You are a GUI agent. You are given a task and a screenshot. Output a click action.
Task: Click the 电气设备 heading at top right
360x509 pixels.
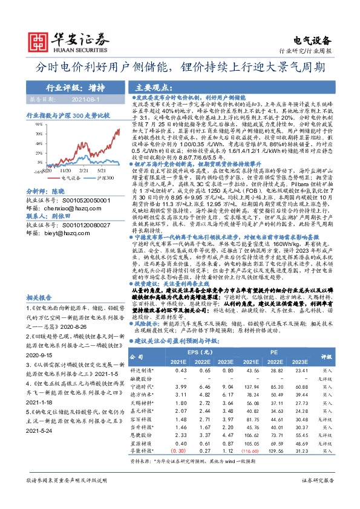tap(312, 41)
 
